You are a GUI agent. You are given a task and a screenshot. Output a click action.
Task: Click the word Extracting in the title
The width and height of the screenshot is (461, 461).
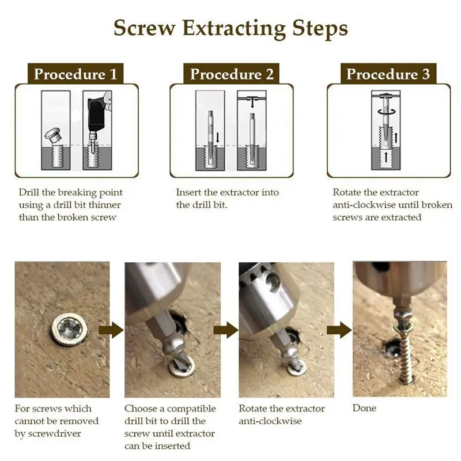[x=234, y=29]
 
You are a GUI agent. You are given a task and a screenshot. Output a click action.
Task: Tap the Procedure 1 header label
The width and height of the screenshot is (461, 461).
[x=75, y=74]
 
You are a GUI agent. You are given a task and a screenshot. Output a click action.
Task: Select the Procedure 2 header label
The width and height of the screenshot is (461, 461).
[x=232, y=74]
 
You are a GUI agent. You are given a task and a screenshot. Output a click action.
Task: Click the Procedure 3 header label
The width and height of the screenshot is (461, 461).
[x=388, y=74]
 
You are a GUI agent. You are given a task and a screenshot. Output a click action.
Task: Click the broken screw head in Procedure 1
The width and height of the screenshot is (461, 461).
[x=53, y=135]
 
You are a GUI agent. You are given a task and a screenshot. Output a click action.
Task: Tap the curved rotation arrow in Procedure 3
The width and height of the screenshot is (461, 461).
[x=387, y=111]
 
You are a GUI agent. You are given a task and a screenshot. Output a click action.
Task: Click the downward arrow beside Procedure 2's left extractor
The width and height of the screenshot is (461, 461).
[x=218, y=137]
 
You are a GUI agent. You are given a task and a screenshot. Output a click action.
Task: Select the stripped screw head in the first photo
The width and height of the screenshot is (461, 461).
[x=70, y=329]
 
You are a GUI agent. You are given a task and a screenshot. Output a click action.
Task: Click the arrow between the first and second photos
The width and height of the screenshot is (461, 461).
[x=111, y=330]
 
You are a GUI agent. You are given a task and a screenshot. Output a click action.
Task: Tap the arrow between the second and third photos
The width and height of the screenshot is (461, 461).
[x=225, y=330]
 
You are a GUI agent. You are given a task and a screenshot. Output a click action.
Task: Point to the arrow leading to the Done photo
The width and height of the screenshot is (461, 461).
[x=339, y=330]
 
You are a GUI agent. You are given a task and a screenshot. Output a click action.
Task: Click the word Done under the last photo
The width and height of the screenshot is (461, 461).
[x=364, y=408]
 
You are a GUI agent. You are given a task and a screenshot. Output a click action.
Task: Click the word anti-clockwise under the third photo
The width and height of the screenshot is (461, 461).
[x=270, y=421]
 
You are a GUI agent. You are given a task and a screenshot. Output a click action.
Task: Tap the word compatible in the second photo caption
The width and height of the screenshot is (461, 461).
[x=191, y=409]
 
